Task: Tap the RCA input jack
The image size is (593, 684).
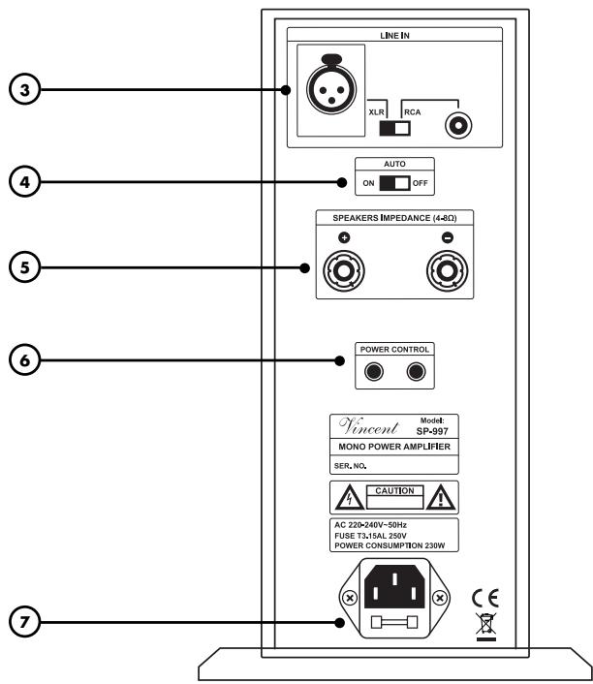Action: point(454,125)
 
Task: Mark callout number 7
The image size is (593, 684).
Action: point(18,623)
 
